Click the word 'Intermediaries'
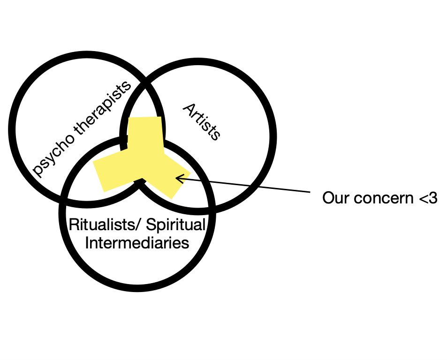[136, 244]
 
